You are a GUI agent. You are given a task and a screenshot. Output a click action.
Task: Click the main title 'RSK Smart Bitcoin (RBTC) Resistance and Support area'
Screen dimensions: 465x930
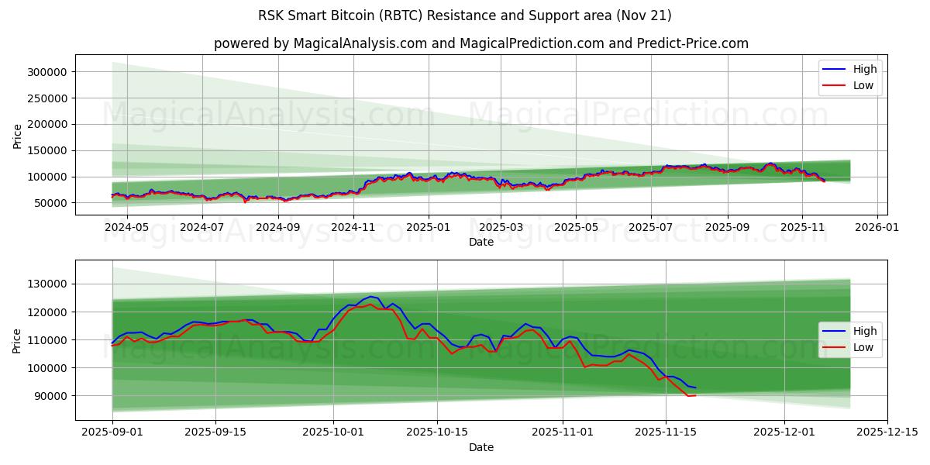click(465, 15)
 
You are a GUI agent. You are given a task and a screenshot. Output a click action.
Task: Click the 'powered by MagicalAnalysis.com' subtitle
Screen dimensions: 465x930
click(480, 43)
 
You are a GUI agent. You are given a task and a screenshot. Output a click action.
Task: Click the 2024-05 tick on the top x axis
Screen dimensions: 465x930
click(126, 227)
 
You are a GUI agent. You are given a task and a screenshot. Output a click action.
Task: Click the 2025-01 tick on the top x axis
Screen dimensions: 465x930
click(429, 227)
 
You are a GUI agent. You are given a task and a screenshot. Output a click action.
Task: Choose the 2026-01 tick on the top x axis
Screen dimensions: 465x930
click(877, 227)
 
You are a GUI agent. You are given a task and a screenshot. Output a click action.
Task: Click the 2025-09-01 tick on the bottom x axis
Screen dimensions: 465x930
click(112, 432)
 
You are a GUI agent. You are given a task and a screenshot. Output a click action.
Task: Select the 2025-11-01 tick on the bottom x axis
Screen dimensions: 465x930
click(562, 432)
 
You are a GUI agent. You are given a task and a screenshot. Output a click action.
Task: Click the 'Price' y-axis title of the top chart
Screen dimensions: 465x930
click(17, 135)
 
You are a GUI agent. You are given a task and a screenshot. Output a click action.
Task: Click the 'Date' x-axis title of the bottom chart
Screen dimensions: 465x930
click(480, 447)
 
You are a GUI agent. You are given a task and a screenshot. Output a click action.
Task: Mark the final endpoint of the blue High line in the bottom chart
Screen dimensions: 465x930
click(695, 387)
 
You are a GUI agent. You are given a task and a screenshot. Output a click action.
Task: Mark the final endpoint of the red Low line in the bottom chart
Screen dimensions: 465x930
click(695, 395)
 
